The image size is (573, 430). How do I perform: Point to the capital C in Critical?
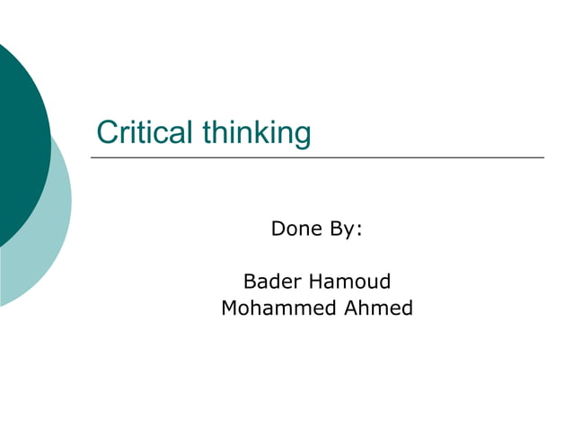107,132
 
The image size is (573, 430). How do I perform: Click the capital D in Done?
278,229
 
